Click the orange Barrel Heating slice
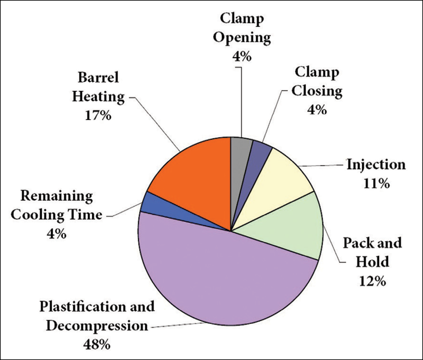[193, 175]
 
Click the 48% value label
[96, 344]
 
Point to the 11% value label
[376, 184]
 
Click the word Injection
[376, 165]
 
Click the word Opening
[242, 38]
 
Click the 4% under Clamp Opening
[242, 57]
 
